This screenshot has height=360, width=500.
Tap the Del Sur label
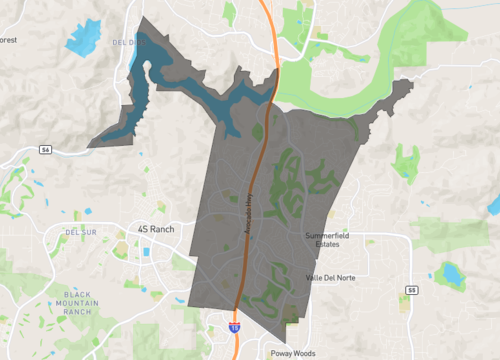click(x=79, y=231)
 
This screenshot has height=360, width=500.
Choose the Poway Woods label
click(x=293, y=353)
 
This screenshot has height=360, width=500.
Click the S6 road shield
click(x=45, y=149)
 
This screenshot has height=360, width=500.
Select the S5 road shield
click(x=411, y=290)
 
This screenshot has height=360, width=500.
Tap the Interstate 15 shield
click(x=234, y=326)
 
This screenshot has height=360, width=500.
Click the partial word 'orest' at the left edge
click(x=8, y=40)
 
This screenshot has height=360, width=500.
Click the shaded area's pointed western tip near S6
click(x=90, y=145)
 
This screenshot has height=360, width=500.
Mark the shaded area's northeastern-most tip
click(x=407, y=82)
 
